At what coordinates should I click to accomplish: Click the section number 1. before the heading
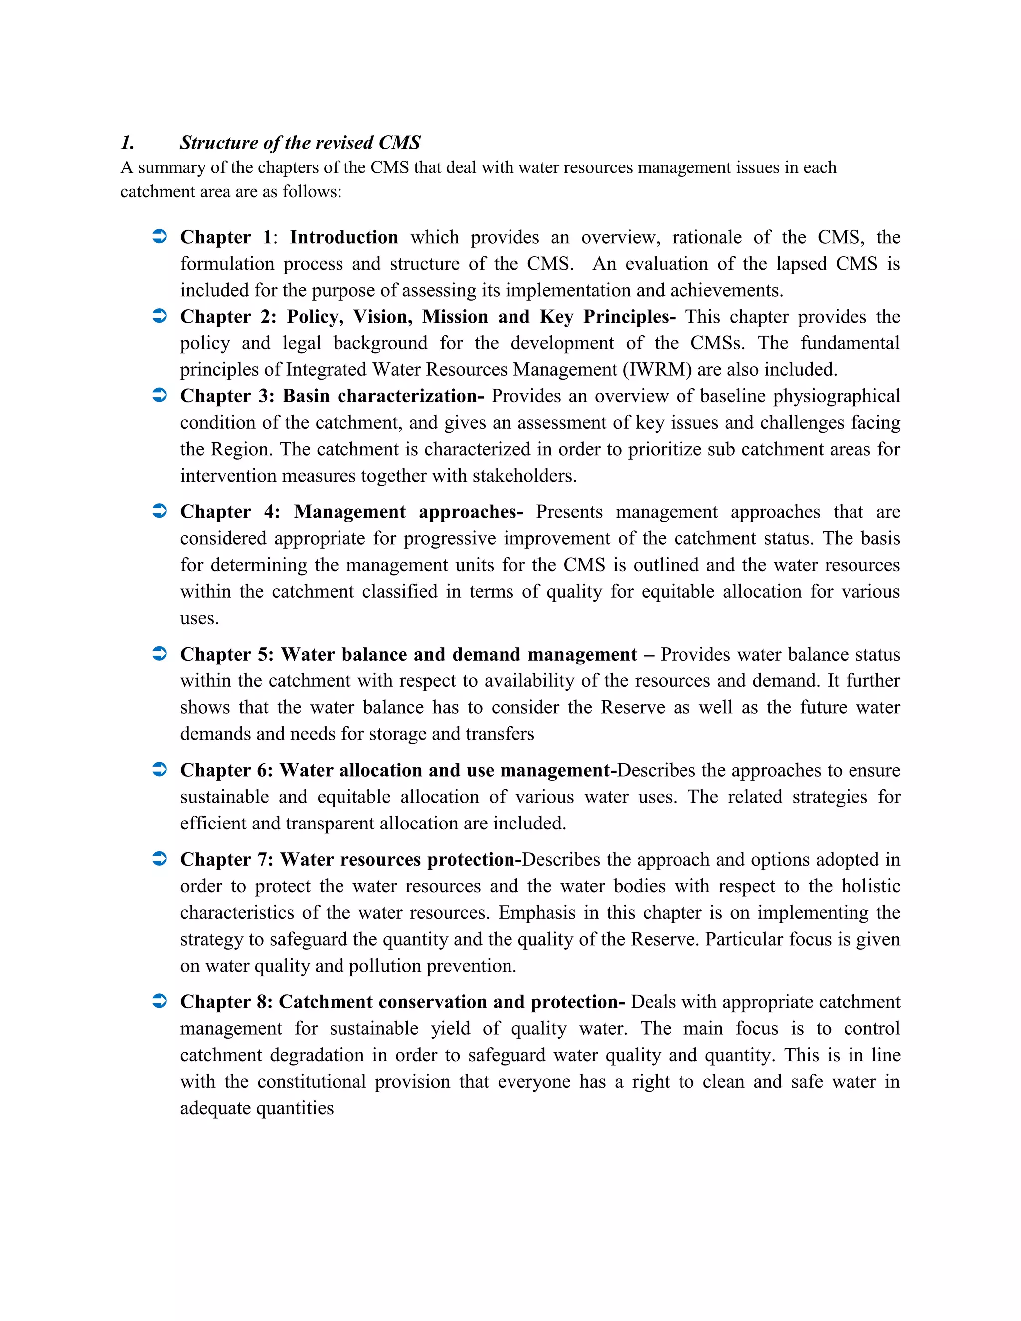[x=127, y=143]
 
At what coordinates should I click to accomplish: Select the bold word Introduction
[x=343, y=237]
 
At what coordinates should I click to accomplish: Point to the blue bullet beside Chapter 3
[x=159, y=396]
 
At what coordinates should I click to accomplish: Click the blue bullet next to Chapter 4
[x=159, y=512]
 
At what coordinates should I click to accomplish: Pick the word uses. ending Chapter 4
[x=199, y=619]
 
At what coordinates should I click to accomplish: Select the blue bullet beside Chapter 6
[x=159, y=770]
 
